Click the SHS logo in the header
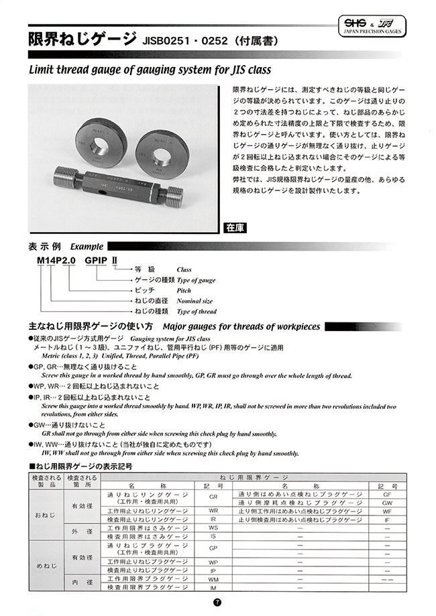click(x=349, y=23)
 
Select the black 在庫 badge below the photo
click(x=235, y=228)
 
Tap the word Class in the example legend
click(x=183, y=269)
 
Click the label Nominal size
click(x=192, y=302)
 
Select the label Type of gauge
click(x=196, y=280)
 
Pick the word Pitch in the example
click(x=183, y=291)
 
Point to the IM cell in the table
click(x=213, y=588)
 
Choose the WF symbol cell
click(x=387, y=511)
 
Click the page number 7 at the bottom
click(x=217, y=603)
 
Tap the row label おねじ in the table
click(x=45, y=515)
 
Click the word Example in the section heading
click(x=87, y=245)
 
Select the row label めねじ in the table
click(x=45, y=567)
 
